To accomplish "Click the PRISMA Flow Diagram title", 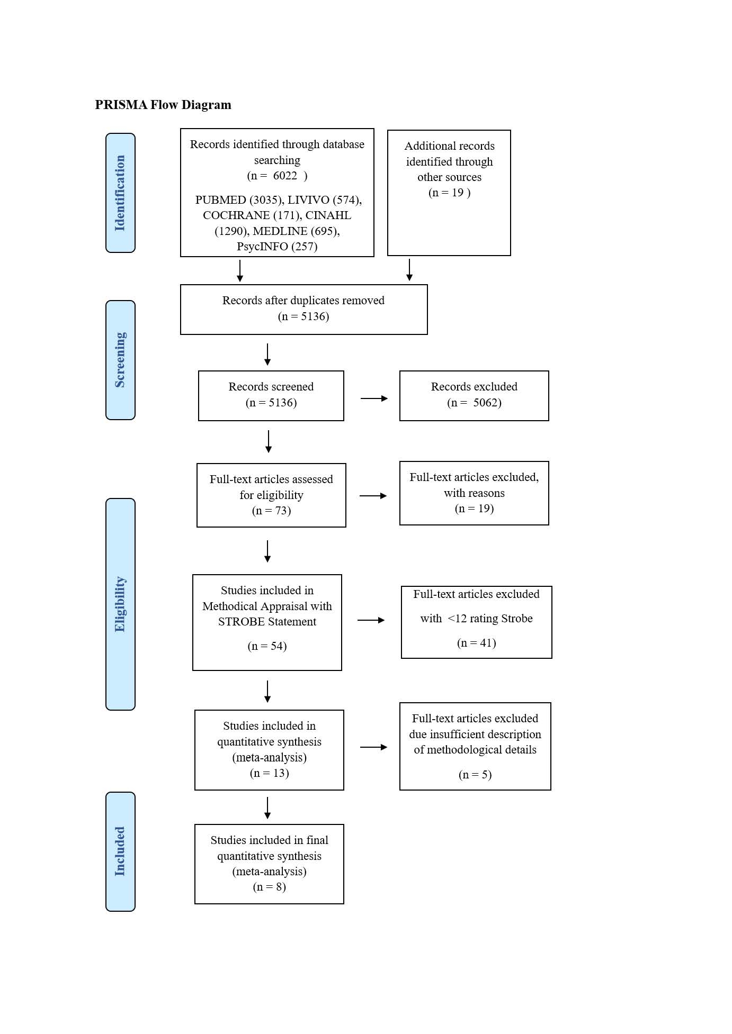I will [x=163, y=105].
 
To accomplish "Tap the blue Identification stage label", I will [x=120, y=193].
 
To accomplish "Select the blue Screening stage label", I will [x=120, y=360].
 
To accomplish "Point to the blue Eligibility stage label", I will [x=120, y=604].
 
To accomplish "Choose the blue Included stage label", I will [x=120, y=851].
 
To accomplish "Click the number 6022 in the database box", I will [x=285, y=176].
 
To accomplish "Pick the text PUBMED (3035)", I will [x=238, y=200].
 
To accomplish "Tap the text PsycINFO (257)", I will [x=277, y=247].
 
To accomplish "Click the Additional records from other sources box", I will [x=449, y=193].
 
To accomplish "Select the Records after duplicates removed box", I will [x=303, y=309].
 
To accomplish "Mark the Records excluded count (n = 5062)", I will [x=474, y=403].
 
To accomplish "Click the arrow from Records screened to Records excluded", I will [x=374, y=398].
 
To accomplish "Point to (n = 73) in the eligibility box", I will [x=271, y=511].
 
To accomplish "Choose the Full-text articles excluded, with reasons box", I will [x=474, y=493].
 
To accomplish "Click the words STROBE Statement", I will [x=267, y=622].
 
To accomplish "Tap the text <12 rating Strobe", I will [x=489, y=619].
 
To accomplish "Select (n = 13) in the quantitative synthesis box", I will [x=269, y=773].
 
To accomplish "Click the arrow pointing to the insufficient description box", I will [x=373, y=747].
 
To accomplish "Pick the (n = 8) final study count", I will [x=269, y=887].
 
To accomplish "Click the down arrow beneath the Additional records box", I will [x=409, y=269].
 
